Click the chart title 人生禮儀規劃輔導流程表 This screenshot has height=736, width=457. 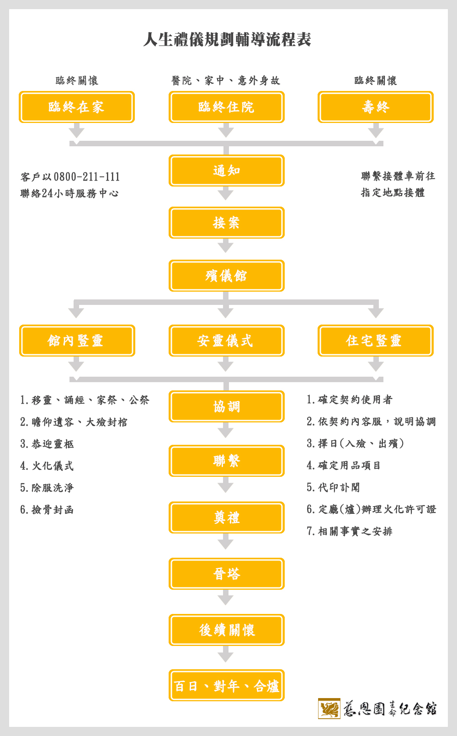point(227,39)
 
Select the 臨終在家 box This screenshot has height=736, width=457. point(77,107)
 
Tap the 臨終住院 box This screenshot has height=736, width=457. point(226,107)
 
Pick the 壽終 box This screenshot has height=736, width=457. point(376,107)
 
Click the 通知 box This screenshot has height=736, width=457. point(226,171)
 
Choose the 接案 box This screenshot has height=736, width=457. point(226,223)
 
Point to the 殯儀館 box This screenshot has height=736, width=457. point(226,276)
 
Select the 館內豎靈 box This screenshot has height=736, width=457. point(77,341)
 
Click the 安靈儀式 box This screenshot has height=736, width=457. point(226,341)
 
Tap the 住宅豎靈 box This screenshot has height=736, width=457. point(376,341)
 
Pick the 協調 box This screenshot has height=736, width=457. point(226,406)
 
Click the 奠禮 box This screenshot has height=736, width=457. point(226,517)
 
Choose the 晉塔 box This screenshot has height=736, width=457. point(226,574)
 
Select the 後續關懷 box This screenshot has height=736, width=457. point(226,630)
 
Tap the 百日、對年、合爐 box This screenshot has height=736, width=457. point(226,686)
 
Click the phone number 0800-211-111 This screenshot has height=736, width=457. point(87,177)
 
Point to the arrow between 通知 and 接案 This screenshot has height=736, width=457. point(226,193)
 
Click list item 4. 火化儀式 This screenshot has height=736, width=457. point(47,465)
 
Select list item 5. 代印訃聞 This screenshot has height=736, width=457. point(333,487)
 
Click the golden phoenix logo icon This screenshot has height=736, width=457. point(329,709)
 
